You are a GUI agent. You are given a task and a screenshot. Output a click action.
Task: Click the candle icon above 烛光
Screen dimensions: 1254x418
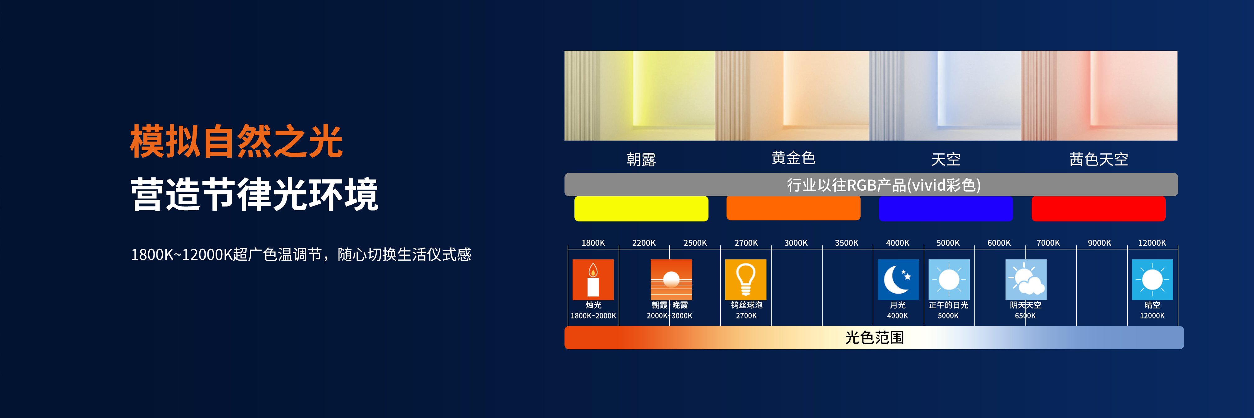593,280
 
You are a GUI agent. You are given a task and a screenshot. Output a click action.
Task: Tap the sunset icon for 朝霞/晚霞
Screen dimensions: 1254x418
671,280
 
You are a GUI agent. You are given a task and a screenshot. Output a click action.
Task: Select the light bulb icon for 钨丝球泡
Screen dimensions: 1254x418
746,280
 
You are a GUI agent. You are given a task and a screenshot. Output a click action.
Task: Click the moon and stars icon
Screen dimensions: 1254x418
898,280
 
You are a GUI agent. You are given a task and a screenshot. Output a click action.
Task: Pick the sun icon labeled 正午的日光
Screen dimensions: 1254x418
949,280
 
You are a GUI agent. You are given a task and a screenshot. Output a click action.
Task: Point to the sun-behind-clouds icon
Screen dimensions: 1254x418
1026,280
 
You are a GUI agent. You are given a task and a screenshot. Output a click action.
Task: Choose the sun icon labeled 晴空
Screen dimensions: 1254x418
1152,280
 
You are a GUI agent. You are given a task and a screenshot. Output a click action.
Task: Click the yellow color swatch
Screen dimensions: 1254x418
641,209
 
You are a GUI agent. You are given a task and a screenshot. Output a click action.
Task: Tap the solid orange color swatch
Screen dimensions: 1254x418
793,208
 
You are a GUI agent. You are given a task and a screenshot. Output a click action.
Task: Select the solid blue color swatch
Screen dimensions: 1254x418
946,209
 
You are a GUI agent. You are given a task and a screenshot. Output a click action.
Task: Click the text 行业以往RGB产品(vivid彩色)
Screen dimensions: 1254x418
884,185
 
